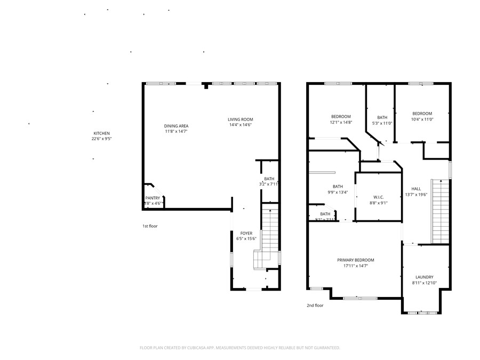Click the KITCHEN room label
[101, 133]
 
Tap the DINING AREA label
[176, 126]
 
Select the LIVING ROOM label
[240, 119]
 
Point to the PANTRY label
[153, 198]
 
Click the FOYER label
[246, 233]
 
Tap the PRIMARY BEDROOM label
[355, 260]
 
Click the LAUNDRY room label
[424, 277]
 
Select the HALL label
[416, 189]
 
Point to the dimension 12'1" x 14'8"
[341, 122]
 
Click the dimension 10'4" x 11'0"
[422, 119]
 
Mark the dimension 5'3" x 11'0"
[382, 123]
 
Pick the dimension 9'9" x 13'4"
[338, 192]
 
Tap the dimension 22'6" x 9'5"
[101, 139]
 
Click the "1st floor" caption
[149, 226]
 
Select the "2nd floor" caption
[315, 306]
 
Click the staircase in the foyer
[270, 235]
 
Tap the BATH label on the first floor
[269, 179]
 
